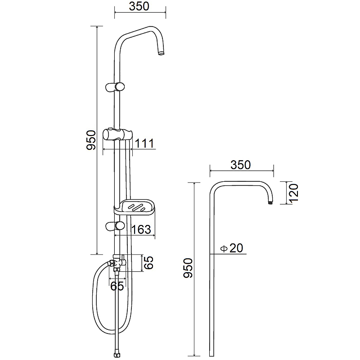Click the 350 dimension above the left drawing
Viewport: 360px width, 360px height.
tap(139, 6)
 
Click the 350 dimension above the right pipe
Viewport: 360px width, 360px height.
tap(241, 165)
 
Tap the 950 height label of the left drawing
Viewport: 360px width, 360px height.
tap(91, 140)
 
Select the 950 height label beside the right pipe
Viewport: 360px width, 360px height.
tap(188, 268)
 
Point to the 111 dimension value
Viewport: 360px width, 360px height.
tap(144, 144)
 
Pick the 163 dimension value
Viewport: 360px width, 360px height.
tap(141, 229)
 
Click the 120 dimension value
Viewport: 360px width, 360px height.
tap(294, 193)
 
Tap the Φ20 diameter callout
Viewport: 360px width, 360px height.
tap(231, 248)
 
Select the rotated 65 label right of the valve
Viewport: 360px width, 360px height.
tap(148, 263)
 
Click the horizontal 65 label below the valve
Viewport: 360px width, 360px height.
tap(117, 286)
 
